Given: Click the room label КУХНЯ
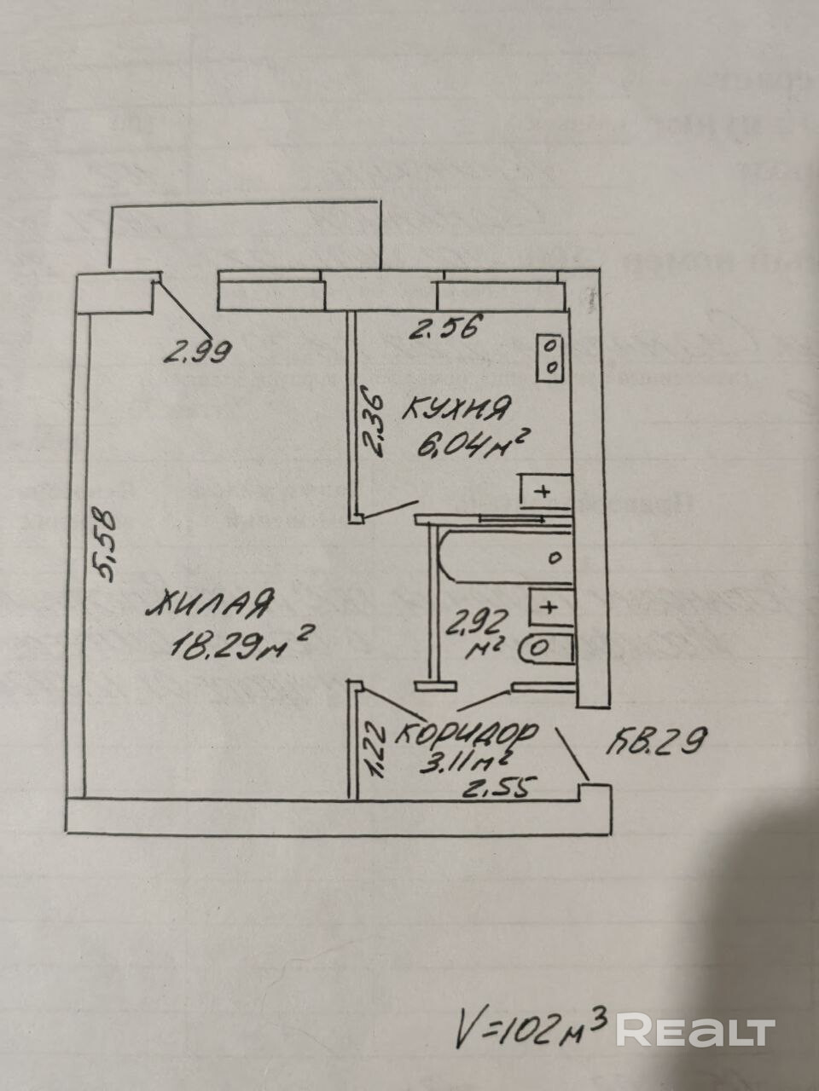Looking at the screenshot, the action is click(x=456, y=410).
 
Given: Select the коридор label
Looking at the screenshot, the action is click(x=468, y=733).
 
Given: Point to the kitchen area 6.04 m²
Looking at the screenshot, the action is click(x=468, y=444).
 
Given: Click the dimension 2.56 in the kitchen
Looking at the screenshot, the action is click(x=444, y=326).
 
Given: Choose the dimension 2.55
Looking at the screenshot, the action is click(x=498, y=788).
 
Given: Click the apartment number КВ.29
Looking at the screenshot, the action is click(x=656, y=742).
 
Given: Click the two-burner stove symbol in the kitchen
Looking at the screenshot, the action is click(x=550, y=356).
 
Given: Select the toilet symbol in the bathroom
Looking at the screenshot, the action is click(x=545, y=648).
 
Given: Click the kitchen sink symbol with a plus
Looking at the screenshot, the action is click(x=542, y=492).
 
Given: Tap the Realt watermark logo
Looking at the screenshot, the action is click(x=695, y=1030).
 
